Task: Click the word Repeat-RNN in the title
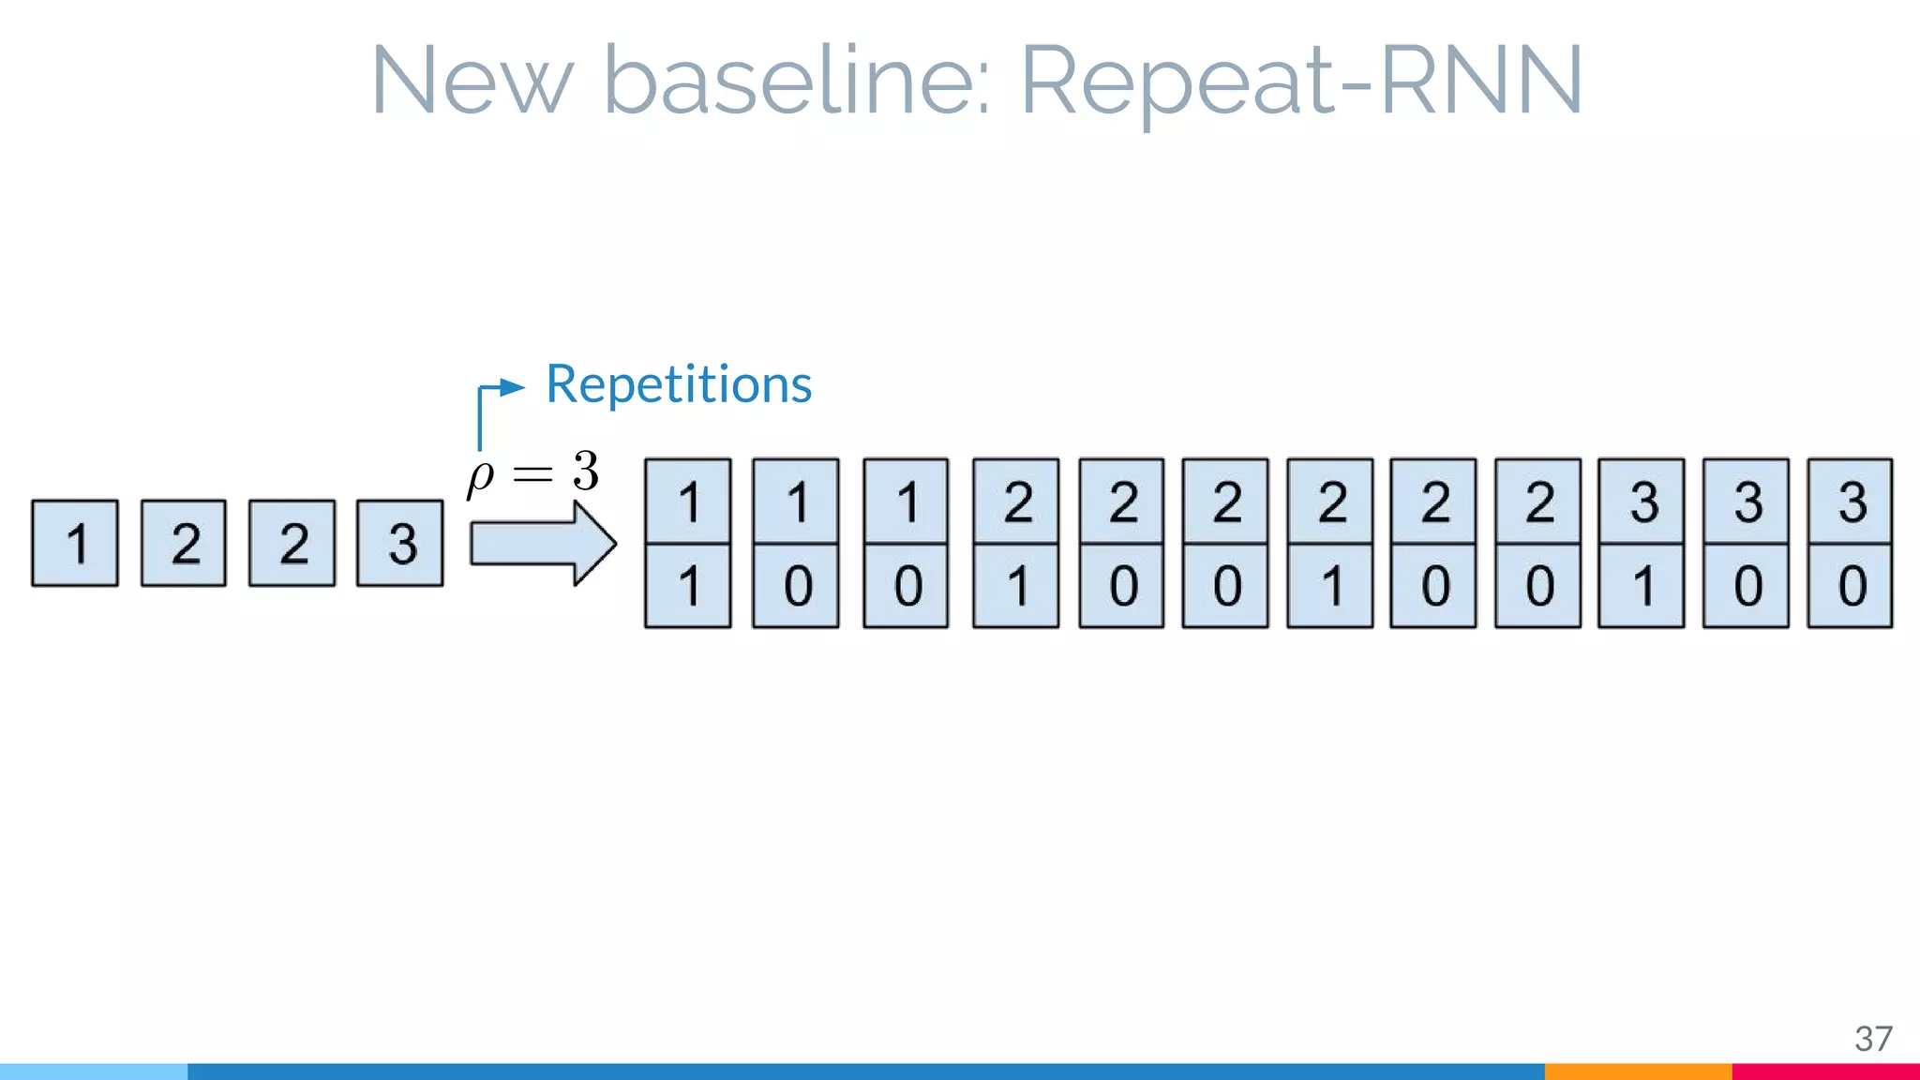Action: click(1301, 82)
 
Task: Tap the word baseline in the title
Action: click(797, 82)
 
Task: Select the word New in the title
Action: click(472, 82)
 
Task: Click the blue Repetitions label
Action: click(679, 384)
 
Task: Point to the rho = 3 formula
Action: click(533, 472)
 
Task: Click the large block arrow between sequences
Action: click(542, 544)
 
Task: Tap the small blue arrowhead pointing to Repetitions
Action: click(511, 387)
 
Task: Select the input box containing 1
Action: click(75, 544)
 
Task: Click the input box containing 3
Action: click(400, 544)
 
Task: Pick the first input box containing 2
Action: click(184, 544)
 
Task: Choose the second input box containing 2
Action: click(292, 544)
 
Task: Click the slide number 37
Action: click(1872, 1039)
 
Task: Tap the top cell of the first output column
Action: click(688, 502)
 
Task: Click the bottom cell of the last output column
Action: click(1850, 586)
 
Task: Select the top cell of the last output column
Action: click(1850, 502)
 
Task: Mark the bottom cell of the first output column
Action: click(688, 586)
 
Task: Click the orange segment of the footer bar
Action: click(1638, 1072)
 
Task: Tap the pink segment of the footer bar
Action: click(1825, 1072)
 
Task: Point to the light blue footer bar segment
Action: click(94, 1072)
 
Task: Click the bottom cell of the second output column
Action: click(796, 586)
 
